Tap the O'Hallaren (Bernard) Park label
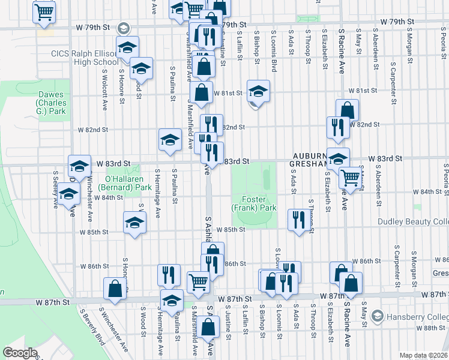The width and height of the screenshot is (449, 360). click(x=128, y=182)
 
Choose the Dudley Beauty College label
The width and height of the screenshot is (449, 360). click(x=413, y=221)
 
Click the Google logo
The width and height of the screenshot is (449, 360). click(x=20, y=352)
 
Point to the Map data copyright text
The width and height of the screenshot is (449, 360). click(x=423, y=355)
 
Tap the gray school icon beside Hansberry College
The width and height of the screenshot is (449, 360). click(x=377, y=315)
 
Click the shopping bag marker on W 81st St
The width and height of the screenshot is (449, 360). click(x=202, y=92)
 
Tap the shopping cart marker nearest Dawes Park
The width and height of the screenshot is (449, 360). click(x=44, y=11)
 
